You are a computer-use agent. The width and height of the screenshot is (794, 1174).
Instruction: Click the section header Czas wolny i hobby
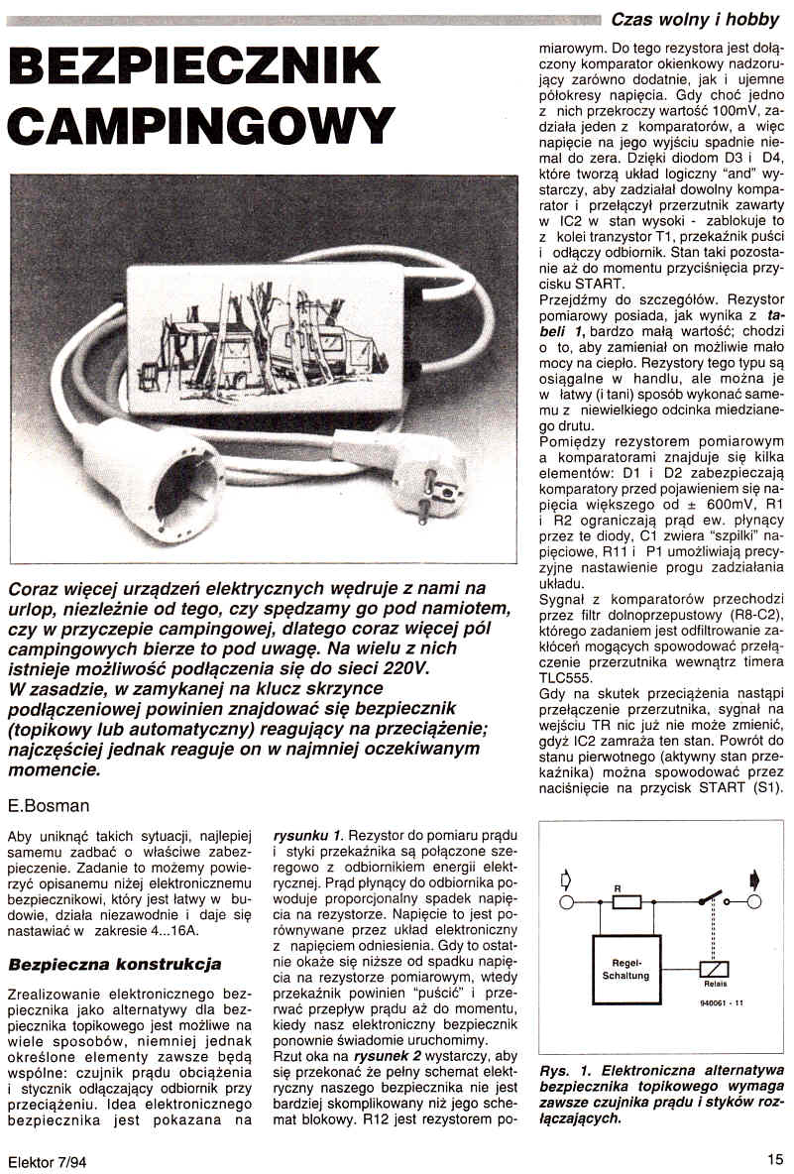695,18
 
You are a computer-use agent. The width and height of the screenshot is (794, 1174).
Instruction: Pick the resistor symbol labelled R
626,902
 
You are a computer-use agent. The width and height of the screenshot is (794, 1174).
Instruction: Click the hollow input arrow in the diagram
566,880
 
